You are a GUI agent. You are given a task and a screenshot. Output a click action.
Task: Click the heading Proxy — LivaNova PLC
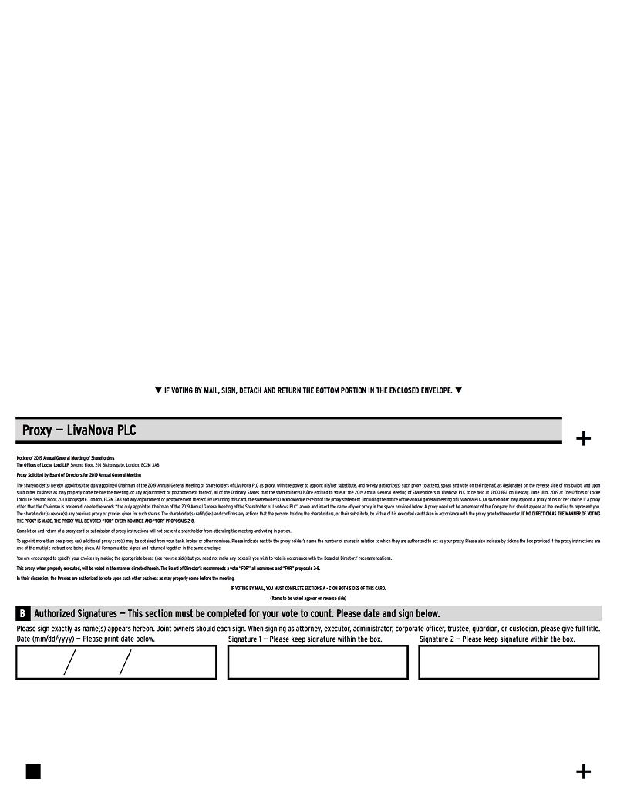coord(79,430)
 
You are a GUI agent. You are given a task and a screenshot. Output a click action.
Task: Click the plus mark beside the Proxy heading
coord(584,439)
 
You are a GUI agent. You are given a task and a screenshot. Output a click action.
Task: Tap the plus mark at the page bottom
coord(584,771)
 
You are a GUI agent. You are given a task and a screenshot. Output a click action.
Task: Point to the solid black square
coord(33,771)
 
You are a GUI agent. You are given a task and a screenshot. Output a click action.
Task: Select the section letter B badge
coord(22,614)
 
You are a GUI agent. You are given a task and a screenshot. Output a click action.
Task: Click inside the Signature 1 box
coord(318,662)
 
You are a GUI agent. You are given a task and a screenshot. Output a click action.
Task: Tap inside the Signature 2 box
coord(509,662)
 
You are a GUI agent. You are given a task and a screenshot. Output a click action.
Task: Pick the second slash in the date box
coord(125,662)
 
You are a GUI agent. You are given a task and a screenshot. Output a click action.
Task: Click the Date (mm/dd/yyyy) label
coord(85,639)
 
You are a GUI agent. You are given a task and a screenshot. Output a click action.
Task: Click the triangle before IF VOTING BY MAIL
coord(158,390)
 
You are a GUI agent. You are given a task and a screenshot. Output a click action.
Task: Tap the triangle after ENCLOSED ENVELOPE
coord(458,390)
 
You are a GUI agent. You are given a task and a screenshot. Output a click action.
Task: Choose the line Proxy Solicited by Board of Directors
coord(79,475)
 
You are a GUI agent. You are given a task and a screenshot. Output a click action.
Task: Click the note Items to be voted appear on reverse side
coord(308,599)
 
